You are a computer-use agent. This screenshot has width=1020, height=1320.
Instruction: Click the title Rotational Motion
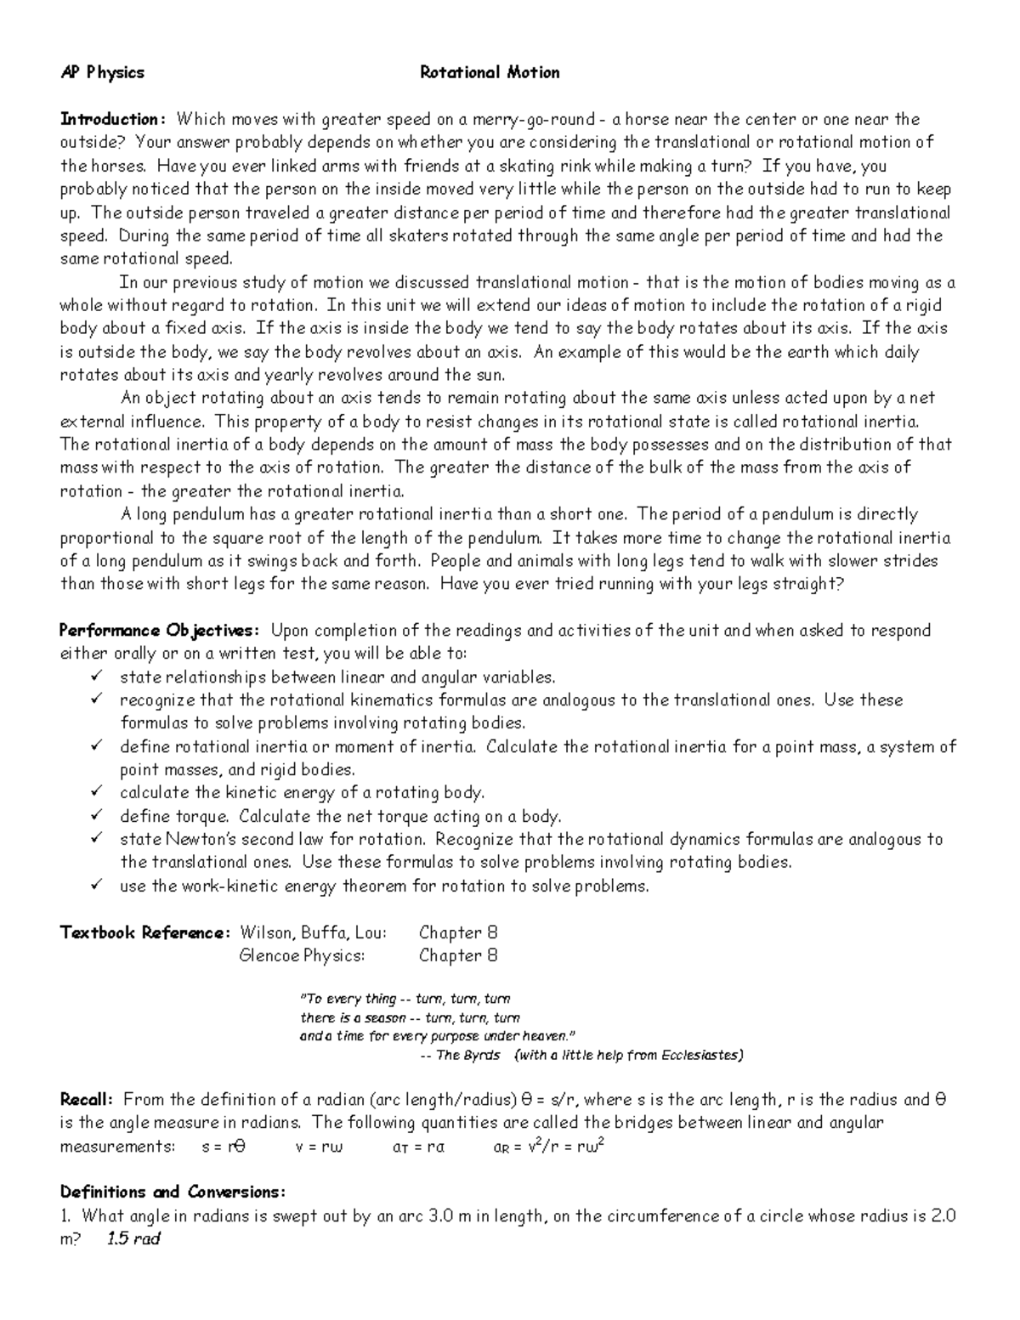pos(490,73)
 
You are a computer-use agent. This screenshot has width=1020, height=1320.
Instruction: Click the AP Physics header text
pos(102,73)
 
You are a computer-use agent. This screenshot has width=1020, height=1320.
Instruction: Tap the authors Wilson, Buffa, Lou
pos(314,932)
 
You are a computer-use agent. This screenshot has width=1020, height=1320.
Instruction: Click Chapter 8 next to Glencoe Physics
pos(458,955)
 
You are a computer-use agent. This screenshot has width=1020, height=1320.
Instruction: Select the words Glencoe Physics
pos(303,955)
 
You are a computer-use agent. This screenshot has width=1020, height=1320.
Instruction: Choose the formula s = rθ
pos(224,1147)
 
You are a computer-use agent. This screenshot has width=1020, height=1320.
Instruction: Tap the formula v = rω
pos(319,1147)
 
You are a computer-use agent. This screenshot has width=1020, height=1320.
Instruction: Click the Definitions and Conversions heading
pos(173,1192)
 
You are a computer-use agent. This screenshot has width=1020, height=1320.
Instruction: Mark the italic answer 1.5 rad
pos(133,1238)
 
